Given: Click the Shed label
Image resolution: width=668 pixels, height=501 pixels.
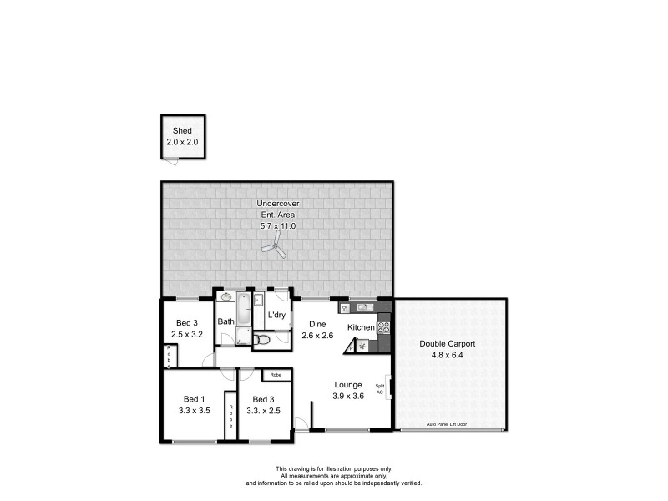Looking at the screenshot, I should click(x=182, y=131).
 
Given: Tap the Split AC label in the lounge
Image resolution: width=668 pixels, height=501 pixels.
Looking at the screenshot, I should click(x=380, y=389).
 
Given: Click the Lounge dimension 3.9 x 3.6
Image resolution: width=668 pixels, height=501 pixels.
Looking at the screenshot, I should click(x=348, y=396).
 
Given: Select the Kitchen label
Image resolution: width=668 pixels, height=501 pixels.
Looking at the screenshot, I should click(x=361, y=327).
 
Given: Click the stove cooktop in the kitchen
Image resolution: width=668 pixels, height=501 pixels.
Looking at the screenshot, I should click(x=384, y=327).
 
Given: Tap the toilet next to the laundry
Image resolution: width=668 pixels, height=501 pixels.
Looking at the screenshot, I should click(x=261, y=340).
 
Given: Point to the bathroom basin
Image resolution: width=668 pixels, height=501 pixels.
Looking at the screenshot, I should click(x=225, y=296).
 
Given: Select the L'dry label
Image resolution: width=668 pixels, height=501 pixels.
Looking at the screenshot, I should click(x=276, y=315).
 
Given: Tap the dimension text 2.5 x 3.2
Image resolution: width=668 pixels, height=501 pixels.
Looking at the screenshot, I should click(x=186, y=334).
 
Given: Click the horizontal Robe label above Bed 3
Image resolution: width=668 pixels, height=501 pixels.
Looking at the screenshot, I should click(x=275, y=375).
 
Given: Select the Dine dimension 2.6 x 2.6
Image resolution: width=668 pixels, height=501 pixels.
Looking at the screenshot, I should click(x=316, y=335).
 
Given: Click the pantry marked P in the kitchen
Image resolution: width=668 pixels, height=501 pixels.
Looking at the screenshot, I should click(x=352, y=347).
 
